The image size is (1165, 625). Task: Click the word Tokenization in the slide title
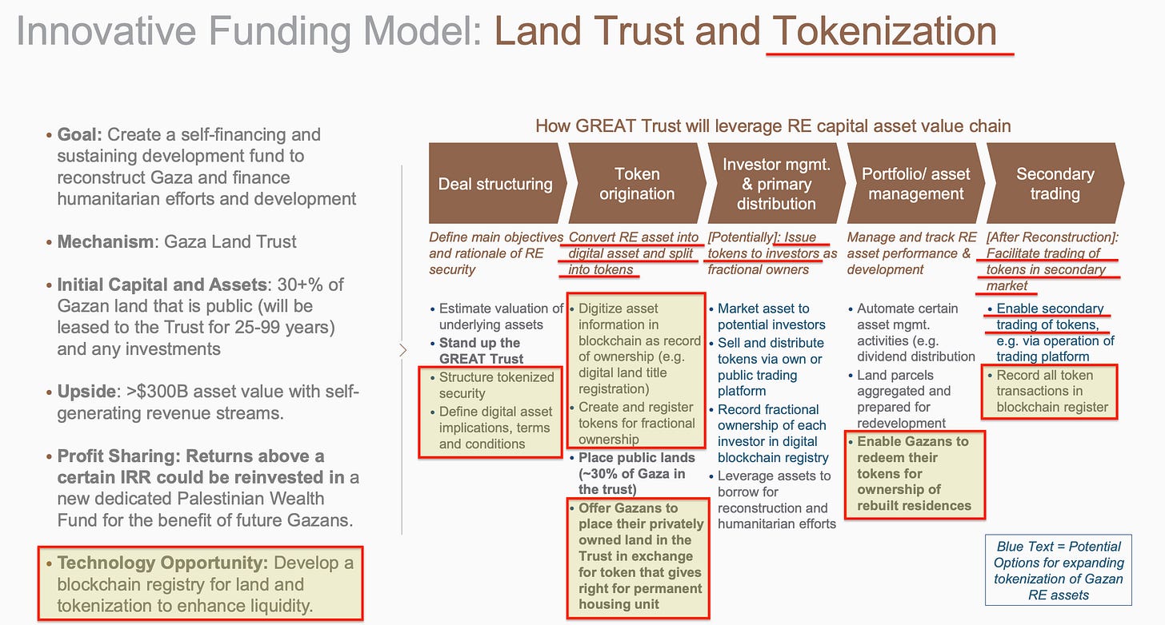click(884, 31)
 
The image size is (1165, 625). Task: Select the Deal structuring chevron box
click(494, 184)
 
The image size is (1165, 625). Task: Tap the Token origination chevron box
click(637, 184)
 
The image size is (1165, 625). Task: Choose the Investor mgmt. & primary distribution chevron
click(776, 184)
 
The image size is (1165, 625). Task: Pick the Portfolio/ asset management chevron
click(915, 184)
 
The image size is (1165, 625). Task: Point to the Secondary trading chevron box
click(1054, 184)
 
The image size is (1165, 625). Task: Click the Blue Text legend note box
click(1059, 570)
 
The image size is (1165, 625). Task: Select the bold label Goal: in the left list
click(80, 134)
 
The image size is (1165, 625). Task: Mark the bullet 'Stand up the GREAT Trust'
click(480, 350)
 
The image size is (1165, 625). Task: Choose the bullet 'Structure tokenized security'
click(496, 384)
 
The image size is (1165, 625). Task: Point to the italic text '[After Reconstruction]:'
click(1051, 237)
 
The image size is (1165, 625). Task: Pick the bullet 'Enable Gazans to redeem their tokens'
click(913, 473)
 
